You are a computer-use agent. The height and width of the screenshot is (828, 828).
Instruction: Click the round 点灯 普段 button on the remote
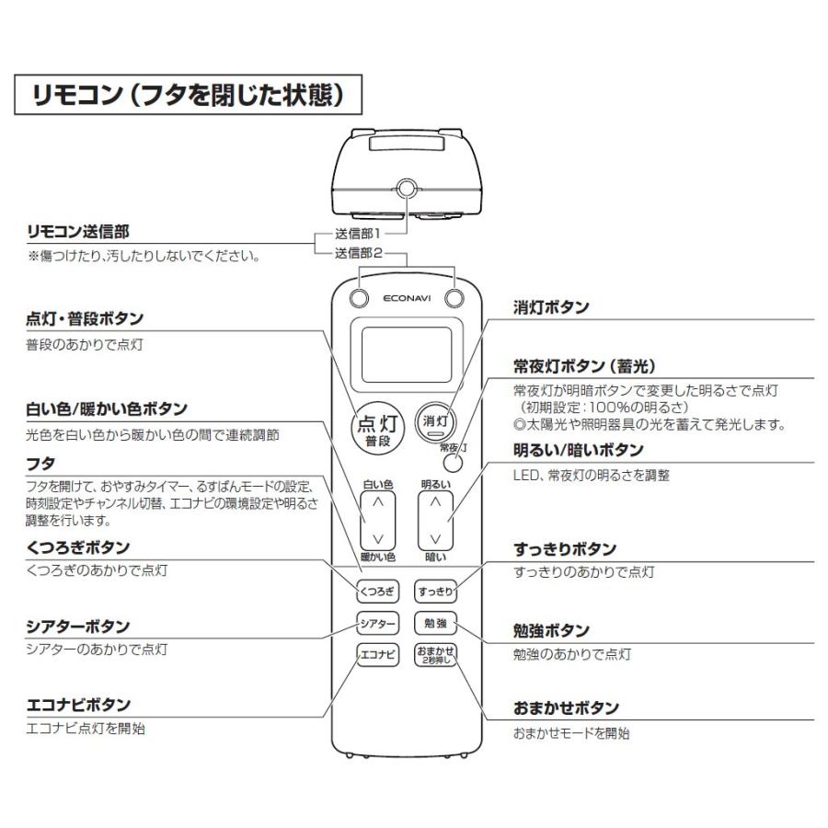(376, 429)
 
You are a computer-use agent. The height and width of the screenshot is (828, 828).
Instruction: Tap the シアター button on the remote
(377, 624)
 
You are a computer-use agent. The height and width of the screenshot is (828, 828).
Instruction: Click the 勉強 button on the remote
(434, 624)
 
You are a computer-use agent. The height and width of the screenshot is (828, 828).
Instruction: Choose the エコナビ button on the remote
(377, 655)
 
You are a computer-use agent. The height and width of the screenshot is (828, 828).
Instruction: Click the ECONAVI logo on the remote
(406, 299)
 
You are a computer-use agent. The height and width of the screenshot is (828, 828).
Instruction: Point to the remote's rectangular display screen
(405, 355)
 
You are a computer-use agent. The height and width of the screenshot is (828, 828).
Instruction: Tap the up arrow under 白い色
(377, 502)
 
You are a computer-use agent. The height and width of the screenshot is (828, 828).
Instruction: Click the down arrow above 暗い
(436, 537)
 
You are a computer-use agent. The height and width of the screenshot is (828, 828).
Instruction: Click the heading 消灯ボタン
(551, 308)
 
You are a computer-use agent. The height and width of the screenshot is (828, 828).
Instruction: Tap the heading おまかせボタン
(566, 708)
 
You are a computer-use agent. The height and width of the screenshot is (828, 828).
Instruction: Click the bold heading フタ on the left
(41, 463)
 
